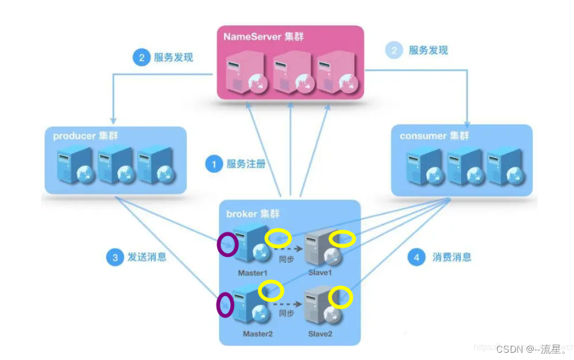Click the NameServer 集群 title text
(264, 36)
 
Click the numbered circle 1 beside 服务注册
(213, 164)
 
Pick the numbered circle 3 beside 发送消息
(114, 257)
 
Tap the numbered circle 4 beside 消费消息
(416, 257)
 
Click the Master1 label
(253, 273)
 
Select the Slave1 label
(320, 273)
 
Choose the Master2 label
(258, 334)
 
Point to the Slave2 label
(320, 334)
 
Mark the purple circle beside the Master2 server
(225, 304)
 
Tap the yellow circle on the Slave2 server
(341, 297)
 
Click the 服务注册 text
(246, 164)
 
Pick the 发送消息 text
(146, 257)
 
